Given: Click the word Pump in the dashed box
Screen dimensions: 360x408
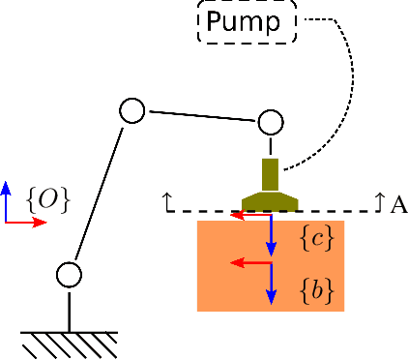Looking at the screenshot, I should [247, 21].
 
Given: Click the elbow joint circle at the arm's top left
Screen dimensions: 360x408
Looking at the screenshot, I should [131, 110].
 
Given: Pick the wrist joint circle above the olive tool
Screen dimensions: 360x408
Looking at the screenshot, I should [270, 122].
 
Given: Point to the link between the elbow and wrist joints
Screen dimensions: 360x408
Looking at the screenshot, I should [201, 116].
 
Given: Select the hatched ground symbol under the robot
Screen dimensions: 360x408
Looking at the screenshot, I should [69, 344].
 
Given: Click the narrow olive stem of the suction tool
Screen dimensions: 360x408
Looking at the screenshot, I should [270, 174].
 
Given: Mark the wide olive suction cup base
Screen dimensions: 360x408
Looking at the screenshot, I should [270, 201].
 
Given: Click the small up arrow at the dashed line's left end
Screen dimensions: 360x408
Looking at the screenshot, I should [168, 201].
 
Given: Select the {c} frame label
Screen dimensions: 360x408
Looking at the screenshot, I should [317, 237].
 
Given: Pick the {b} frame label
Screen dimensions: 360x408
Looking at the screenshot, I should [317, 289].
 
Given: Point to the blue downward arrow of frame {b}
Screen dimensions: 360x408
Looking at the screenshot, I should [272, 285].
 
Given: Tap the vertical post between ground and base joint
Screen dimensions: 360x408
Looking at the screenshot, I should [69, 310].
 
